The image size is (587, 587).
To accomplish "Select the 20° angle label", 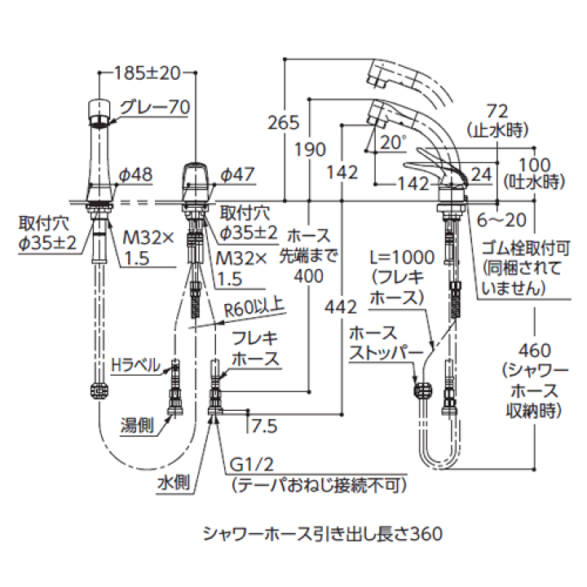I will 392,142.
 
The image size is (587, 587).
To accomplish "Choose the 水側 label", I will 174,482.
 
